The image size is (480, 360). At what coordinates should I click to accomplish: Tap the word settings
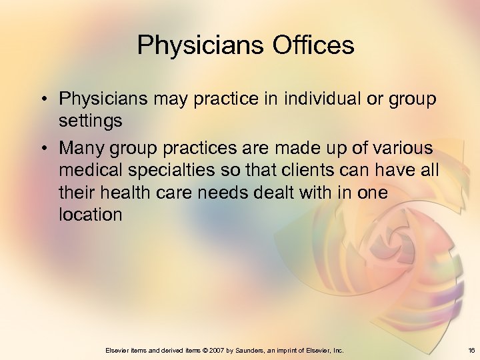(90, 121)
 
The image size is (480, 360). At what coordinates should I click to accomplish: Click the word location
(90, 215)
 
